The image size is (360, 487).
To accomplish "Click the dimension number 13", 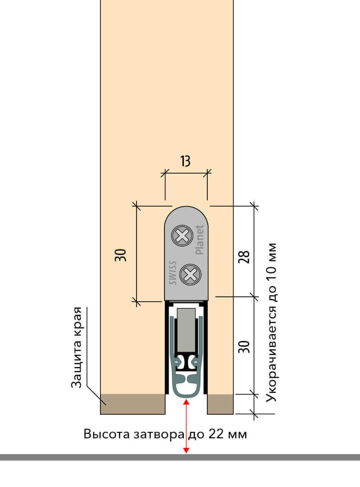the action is pos(185,161).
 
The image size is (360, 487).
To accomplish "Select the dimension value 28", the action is pos(244,257).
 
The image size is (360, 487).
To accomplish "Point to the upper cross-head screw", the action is pos(182,236).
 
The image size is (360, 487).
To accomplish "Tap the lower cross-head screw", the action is pos(190,274).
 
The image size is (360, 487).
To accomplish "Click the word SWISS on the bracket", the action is pos(173,273).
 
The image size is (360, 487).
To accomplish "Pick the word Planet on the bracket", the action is pos(200,240).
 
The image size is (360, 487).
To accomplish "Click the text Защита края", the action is pos(77,347).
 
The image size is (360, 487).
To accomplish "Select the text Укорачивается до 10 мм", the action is pos(271,322).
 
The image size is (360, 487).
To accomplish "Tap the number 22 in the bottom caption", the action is pos(216,434).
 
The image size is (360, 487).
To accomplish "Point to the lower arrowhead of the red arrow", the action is pos(186,450).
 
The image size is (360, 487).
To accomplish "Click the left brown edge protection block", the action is pos(132,404).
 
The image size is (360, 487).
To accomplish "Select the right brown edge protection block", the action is pos(220,404).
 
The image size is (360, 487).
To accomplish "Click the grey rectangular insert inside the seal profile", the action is pos(186,330).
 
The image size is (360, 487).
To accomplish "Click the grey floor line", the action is pos(180,457).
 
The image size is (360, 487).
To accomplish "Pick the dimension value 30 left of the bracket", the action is pos(121,255).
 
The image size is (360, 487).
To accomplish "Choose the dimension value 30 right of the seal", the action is pos(244,347).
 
